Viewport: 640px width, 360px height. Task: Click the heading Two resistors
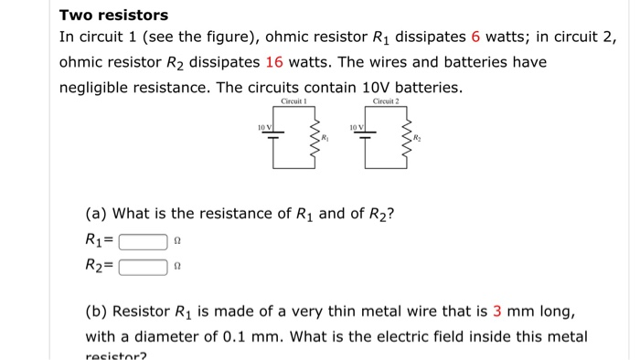point(113,16)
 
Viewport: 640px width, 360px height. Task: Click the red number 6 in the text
point(475,38)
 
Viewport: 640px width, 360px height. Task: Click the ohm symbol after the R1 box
point(176,243)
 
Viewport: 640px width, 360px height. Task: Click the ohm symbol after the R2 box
point(176,269)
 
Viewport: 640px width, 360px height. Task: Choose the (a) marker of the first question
point(96,215)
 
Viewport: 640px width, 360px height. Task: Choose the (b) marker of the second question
point(96,313)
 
